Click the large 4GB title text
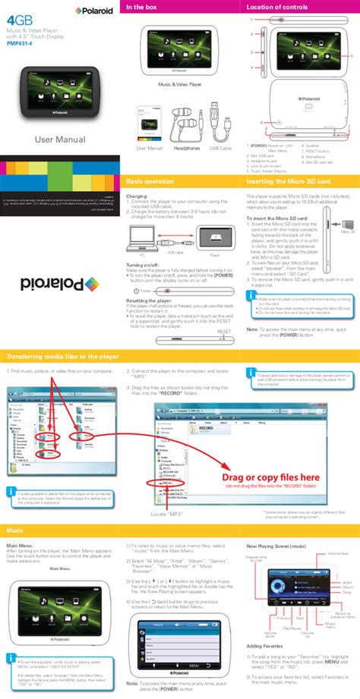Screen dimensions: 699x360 click(17, 20)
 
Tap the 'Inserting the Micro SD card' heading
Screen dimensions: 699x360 click(289, 182)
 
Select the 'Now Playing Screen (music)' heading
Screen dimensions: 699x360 click(276, 546)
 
